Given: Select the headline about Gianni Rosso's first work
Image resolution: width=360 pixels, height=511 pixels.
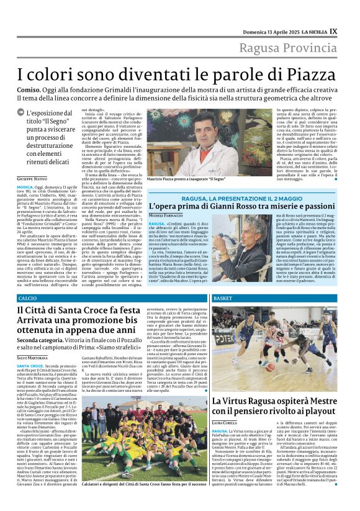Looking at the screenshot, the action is click(x=243, y=206).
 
